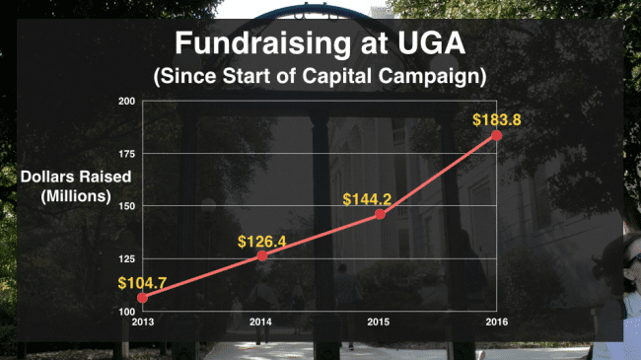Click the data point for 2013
coord(142,298)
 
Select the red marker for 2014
coord(262,255)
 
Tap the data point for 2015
coord(380,214)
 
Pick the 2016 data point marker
coord(496,135)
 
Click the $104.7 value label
coord(142,283)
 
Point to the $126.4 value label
coord(261,242)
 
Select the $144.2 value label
coord(367,199)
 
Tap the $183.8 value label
coord(497,120)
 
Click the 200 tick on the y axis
coord(127,101)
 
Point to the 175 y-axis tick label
coord(127,154)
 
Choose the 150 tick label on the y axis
coord(127,206)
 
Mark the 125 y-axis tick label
coord(127,259)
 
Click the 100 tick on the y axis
coord(127,312)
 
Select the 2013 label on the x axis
coord(143,322)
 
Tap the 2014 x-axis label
coord(260,322)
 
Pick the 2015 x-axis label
coord(378,322)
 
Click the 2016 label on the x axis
coord(497,322)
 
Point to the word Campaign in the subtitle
coord(432,77)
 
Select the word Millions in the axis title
coord(76,196)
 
